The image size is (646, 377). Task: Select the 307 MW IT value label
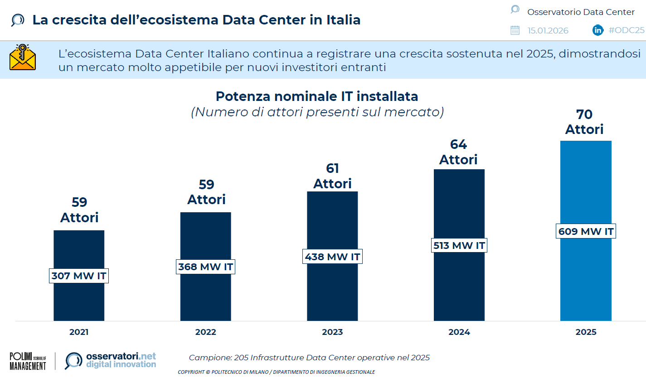(79, 276)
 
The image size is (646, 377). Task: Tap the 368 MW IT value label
(205, 267)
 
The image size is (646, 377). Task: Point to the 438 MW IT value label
(332, 257)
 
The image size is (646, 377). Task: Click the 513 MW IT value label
(459, 246)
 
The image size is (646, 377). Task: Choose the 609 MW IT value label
(586, 232)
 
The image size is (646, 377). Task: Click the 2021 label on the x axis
(79, 332)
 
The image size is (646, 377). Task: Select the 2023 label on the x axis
(332, 332)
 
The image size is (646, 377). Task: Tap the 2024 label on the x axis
(459, 332)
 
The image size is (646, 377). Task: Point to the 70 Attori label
(584, 121)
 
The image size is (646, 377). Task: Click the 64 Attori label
(458, 152)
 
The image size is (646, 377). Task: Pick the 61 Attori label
(332, 176)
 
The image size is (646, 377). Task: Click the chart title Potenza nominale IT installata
(317, 96)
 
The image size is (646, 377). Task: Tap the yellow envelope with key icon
(23, 57)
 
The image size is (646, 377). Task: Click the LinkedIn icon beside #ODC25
(598, 30)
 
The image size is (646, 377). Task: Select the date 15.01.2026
(548, 30)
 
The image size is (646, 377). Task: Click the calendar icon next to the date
(515, 30)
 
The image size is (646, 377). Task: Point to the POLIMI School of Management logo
(28, 361)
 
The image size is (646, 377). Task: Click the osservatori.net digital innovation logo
(111, 360)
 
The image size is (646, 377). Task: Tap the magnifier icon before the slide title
(17, 20)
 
